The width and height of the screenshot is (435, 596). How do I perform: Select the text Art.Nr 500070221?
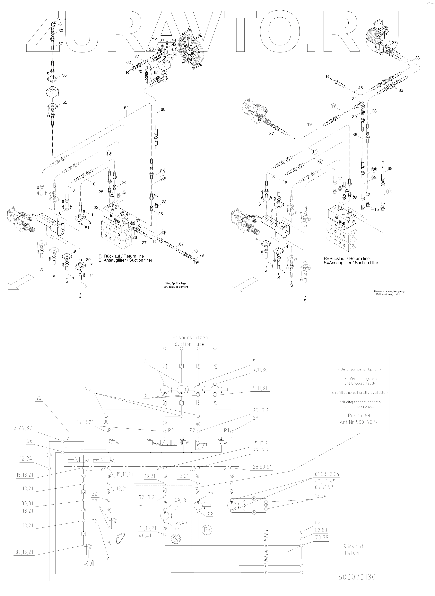click(360, 422)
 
